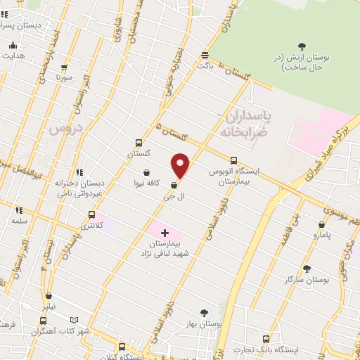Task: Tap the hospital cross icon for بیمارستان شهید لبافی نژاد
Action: coord(165,233)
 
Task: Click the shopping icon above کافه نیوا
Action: coord(146,172)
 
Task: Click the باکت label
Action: coord(205,65)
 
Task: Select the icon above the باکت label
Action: coord(205,54)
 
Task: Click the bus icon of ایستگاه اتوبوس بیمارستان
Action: coord(233,160)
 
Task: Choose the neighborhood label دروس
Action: coord(65,129)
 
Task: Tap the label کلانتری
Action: coord(92,226)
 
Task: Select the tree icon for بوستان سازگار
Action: coord(306,268)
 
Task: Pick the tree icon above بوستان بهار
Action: coord(204,313)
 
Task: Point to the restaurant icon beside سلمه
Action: coord(19,210)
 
